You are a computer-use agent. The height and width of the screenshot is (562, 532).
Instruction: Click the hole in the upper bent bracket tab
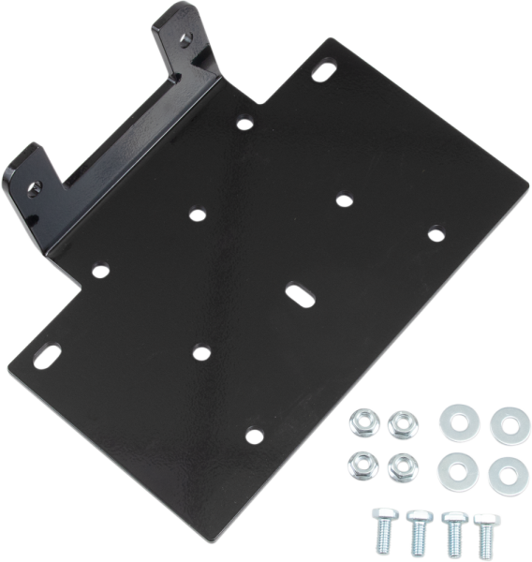point(185,37)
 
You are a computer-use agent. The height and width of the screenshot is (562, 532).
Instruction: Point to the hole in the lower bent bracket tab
point(35,185)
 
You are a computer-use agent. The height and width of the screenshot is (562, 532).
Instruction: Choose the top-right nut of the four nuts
point(401,423)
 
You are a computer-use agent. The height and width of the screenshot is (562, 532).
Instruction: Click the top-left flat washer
point(458,420)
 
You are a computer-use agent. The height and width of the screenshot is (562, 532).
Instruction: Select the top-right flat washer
point(510,426)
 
